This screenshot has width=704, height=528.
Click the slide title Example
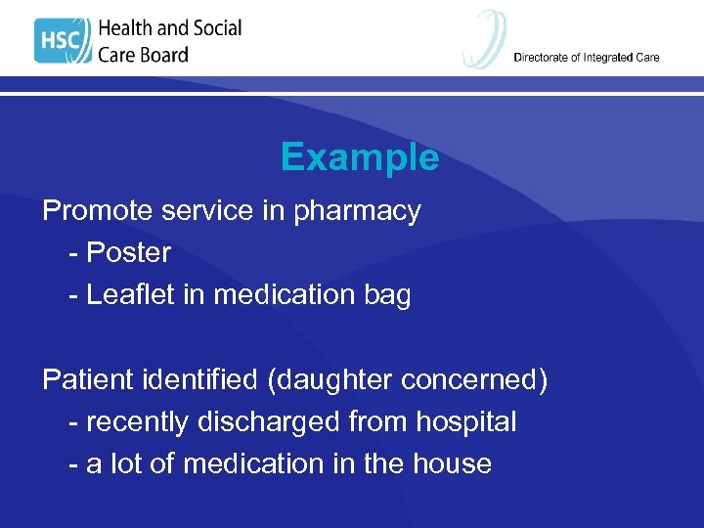pyautogui.click(x=359, y=157)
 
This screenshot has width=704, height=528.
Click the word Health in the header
pyautogui.click(x=131, y=28)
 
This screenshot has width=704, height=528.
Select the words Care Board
pyautogui.click(x=143, y=55)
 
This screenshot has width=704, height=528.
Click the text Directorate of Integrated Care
pyautogui.click(x=586, y=58)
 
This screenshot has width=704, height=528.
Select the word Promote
pyautogui.click(x=96, y=211)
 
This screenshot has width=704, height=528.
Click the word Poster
pyautogui.click(x=128, y=253)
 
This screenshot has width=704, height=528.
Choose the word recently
pyautogui.click(x=138, y=422)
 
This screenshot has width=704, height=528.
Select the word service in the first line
pyautogui.click(x=217, y=211)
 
